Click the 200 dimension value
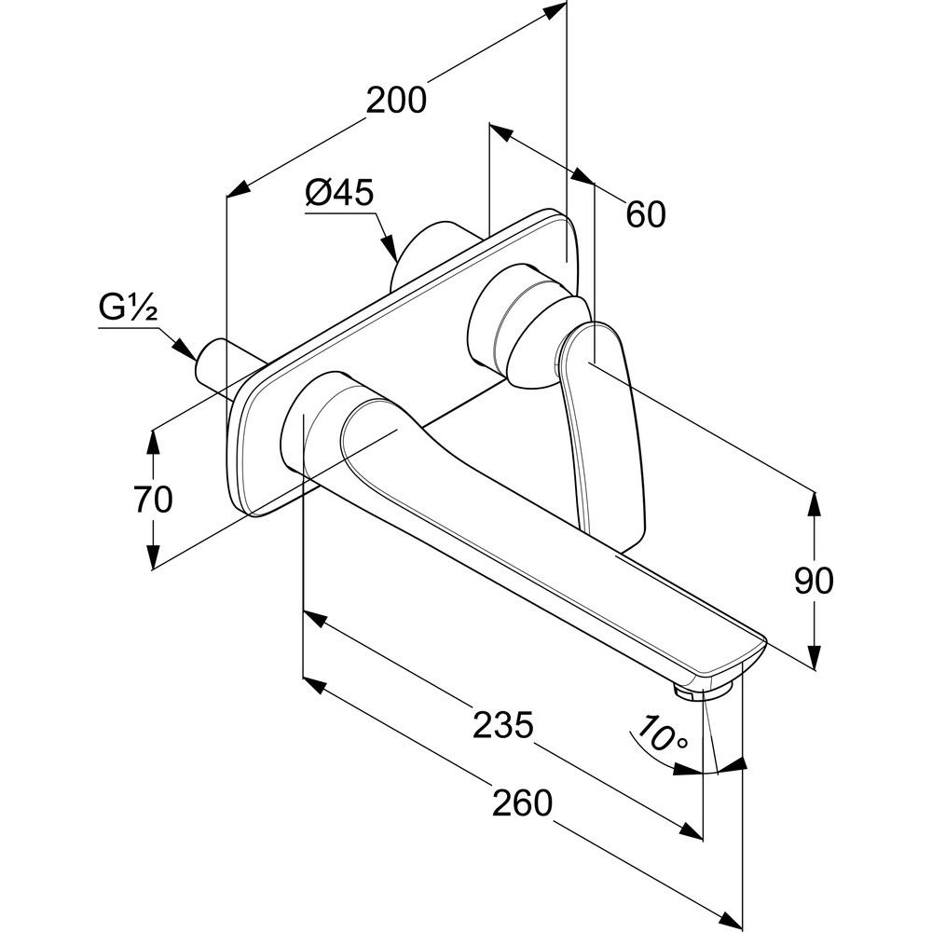click(396, 99)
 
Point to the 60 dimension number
click(646, 215)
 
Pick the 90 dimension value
click(814, 582)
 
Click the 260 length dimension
click(522, 801)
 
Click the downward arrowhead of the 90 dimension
click(814, 658)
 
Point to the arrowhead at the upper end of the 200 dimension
click(557, 9)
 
